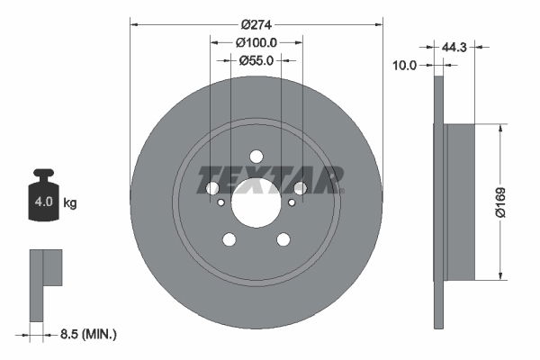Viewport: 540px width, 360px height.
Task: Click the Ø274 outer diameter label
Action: [x=256, y=25]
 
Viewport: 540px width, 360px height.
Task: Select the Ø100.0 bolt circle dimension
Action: [x=256, y=42]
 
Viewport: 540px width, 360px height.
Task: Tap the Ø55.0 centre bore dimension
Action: [x=256, y=59]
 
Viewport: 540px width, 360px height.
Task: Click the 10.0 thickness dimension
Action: [x=408, y=64]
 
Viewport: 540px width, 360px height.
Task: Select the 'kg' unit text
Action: [x=69, y=203]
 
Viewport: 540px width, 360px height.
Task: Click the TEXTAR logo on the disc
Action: [x=270, y=179]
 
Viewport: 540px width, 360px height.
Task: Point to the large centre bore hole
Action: [x=256, y=202]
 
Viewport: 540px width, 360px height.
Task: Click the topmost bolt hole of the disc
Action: [x=256, y=156]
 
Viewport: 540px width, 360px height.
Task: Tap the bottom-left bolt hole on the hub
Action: [x=229, y=239]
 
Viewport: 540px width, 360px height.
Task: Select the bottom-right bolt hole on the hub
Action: [x=283, y=239]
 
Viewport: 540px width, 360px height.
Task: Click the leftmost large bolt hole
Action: [x=212, y=188]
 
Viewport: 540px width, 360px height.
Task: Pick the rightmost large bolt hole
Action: [x=301, y=188]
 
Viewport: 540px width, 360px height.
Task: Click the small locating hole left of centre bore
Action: [x=221, y=202]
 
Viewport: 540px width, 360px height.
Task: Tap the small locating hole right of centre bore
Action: [x=292, y=202]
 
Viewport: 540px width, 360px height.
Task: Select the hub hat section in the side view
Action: [x=460, y=202]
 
